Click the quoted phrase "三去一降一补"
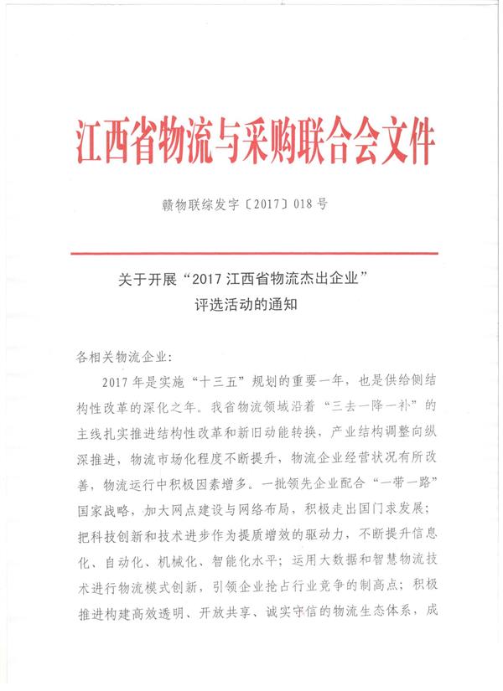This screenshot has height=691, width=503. pos(370,405)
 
